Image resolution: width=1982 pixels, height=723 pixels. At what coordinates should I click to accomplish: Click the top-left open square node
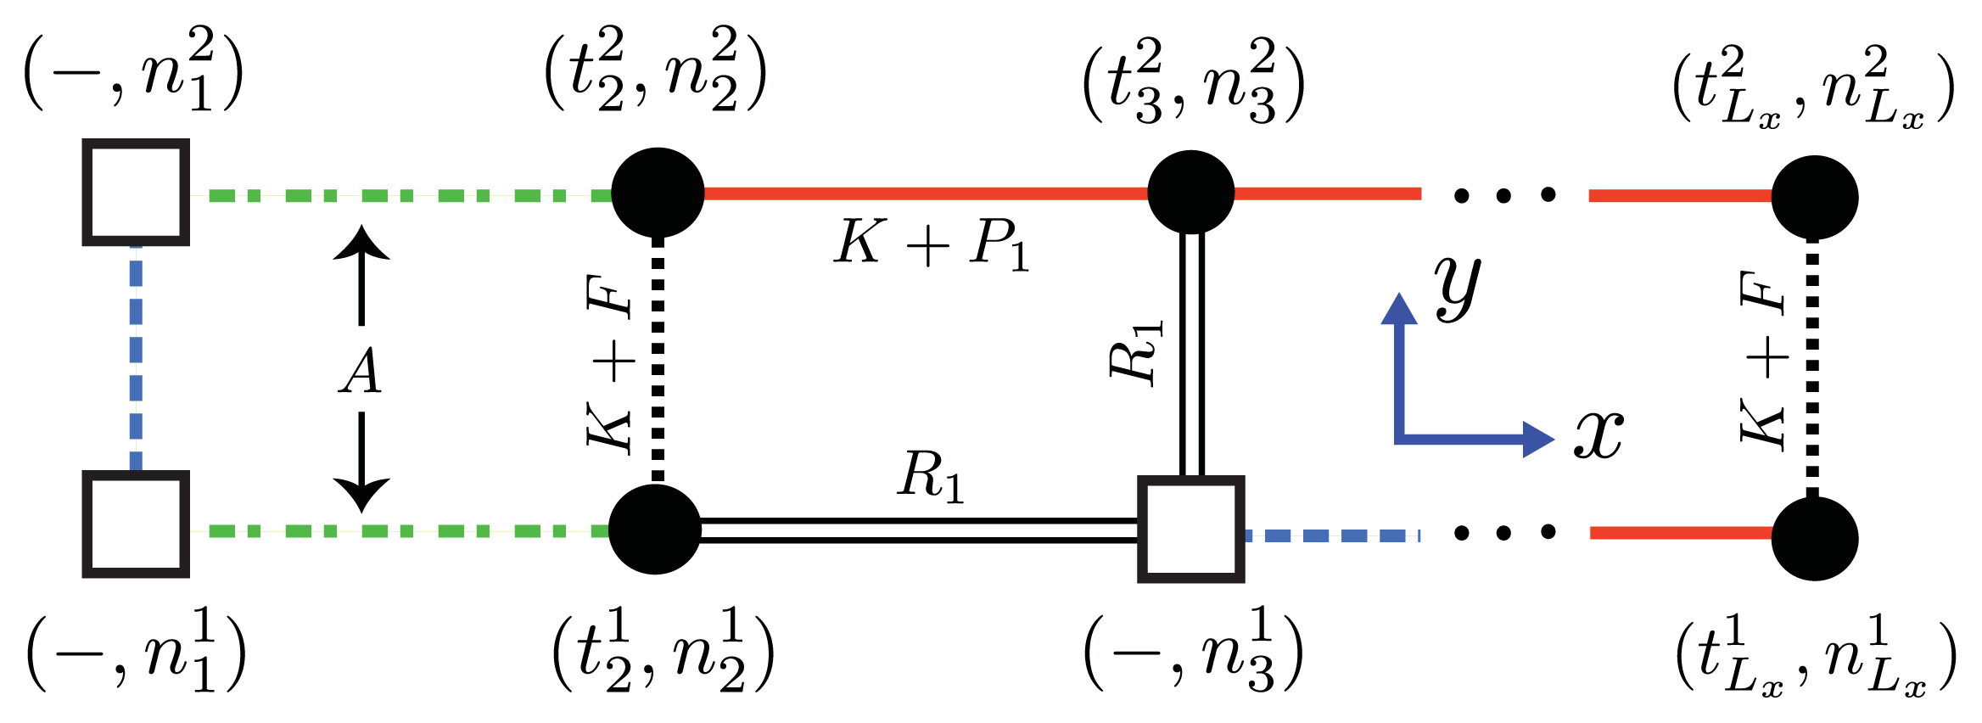tap(136, 193)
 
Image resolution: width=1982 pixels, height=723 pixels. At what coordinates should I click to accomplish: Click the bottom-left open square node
tap(136, 524)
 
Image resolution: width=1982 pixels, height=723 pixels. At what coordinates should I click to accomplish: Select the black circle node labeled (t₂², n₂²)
tap(658, 193)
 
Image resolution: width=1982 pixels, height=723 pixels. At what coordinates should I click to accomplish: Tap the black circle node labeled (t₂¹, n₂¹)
tap(655, 530)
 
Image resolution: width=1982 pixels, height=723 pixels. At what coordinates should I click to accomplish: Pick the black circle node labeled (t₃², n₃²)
tap(1190, 192)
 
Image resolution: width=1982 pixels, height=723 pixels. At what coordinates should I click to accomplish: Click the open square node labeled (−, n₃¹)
tap(1190, 529)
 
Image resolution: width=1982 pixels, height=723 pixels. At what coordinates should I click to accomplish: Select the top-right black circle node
tap(1814, 198)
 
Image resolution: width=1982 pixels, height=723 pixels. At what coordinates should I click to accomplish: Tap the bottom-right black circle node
tap(1814, 538)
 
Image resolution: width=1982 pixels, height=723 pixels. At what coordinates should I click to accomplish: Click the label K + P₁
tap(931, 244)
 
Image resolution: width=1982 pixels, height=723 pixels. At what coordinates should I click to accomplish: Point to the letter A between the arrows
tap(361, 372)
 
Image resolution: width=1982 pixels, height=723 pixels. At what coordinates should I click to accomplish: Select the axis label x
tap(1598, 434)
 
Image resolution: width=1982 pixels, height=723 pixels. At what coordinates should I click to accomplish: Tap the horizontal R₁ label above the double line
tap(931, 475)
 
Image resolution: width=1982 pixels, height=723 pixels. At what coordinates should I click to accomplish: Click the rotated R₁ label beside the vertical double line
tap(1135, 354)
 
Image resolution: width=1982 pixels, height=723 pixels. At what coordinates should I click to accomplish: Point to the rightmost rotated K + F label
tap(1763, 361)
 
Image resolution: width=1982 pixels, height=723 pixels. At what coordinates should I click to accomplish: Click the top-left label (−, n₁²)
tap(134, 70)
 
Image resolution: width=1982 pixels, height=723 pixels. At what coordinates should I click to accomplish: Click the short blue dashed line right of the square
tap(1332, 535)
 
